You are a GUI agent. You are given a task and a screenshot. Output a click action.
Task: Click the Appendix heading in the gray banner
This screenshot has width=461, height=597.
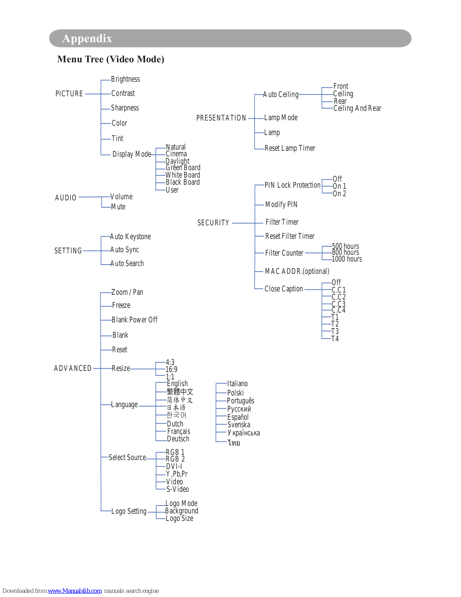[x=87, y=38]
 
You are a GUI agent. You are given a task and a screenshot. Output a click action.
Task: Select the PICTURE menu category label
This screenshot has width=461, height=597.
[x=69, y=94]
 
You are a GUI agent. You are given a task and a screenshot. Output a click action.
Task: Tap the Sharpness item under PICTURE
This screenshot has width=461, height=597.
[x=125, y=108]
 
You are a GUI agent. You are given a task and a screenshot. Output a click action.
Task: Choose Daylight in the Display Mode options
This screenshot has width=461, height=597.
[x=177, y=161]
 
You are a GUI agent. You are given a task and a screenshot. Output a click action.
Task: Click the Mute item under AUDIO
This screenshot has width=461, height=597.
[x=118, y=207]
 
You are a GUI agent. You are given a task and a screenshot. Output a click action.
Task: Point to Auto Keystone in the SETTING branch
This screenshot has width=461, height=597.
[x=130, y=237]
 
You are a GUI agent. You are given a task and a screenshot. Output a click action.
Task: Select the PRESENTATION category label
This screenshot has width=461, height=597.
[x=221, y=118]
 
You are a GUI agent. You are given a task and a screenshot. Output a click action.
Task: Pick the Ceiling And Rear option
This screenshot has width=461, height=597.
[x=357, y=108]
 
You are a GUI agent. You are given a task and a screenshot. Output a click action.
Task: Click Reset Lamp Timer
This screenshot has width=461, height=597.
[x=290, y=148]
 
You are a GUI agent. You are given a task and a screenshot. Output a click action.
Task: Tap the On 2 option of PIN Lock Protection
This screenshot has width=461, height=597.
[x=339, y=194]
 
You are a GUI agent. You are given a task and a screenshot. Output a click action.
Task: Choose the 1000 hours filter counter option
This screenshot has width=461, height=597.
[x=347, y=259]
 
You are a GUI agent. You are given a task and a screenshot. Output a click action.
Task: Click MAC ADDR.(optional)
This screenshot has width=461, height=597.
[x=297, y=271]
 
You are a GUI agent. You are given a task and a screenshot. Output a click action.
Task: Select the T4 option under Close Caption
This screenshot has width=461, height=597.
[x=335, y=339]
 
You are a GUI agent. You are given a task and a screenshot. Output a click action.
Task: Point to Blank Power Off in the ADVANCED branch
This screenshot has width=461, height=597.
[x=135, y=320]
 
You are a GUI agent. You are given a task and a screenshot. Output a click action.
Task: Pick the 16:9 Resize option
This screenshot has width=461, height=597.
[x=171, y=369]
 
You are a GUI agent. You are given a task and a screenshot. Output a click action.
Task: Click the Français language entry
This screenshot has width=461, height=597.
[x=179, y=431]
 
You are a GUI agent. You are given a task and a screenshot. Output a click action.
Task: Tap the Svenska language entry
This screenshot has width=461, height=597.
[x=239, y=425]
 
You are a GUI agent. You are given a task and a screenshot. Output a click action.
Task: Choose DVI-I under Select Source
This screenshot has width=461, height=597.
[x=174, y=466]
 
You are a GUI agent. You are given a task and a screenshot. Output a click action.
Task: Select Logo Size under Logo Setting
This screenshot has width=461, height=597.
[x=180, y=518]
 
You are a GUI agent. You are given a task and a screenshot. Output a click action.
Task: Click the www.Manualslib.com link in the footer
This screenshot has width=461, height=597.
[x=75, y=591]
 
